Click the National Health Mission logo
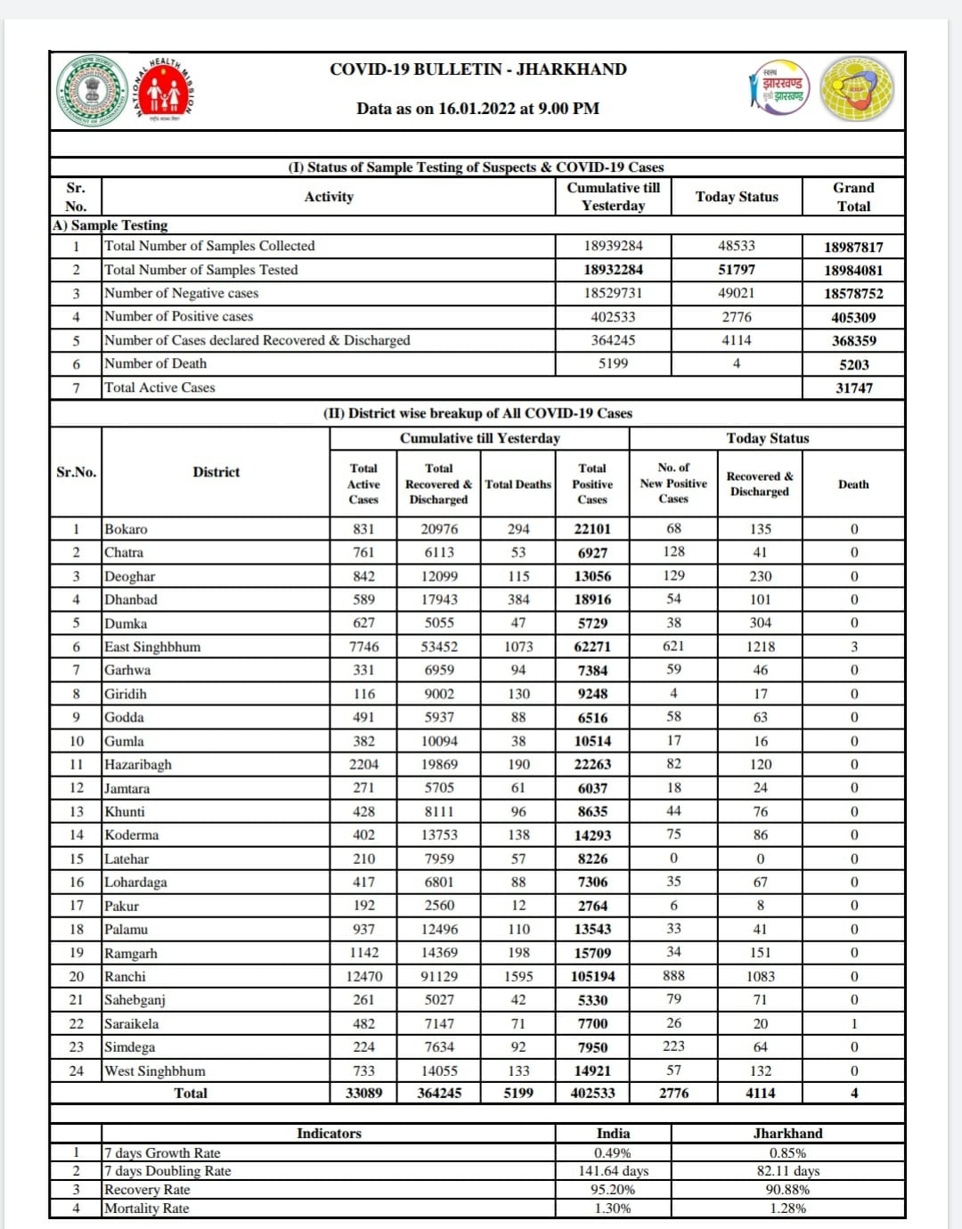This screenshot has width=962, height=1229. coord(164,90)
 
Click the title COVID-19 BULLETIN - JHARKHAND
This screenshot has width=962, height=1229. coord(477,69)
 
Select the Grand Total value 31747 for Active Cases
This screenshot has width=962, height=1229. coord(853,388)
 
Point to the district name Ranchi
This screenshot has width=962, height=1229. coord(125,977)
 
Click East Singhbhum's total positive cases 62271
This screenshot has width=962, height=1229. coord(592,647)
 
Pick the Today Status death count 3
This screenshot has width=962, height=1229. coord(853,647)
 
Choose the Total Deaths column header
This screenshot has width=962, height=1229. coord(518,484)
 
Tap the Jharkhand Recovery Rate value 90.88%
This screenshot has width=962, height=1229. coord(787,1190)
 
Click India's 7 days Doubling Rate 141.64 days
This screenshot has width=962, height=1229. coord(613,1171)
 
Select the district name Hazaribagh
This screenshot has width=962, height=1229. coord(138,765)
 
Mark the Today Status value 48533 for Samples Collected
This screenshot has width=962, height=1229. coord(736,246)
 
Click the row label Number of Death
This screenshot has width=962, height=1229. coord(156,363)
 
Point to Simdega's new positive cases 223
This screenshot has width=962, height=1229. coord(673,1046)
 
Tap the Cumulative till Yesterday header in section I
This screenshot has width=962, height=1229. coord(613,197)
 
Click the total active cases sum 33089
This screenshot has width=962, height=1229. coord(363,1094)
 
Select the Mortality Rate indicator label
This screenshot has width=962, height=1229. coord(147,1209)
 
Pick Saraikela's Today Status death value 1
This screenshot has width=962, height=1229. coord(853,1024)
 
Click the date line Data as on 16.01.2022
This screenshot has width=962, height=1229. coord(477,109)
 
